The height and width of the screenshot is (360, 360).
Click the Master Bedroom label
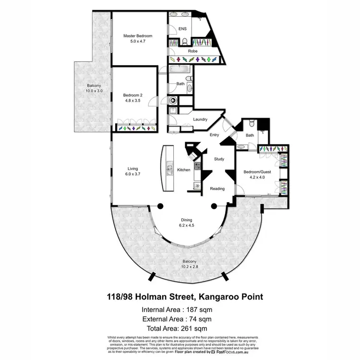click(137, 36)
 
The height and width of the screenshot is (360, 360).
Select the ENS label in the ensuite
click(182, 29)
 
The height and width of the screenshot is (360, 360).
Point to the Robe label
click(192, 50)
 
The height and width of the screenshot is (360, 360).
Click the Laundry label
click(200, 120)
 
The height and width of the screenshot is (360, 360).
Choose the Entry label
click(215, 135)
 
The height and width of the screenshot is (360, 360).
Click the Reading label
click(217, 189)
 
